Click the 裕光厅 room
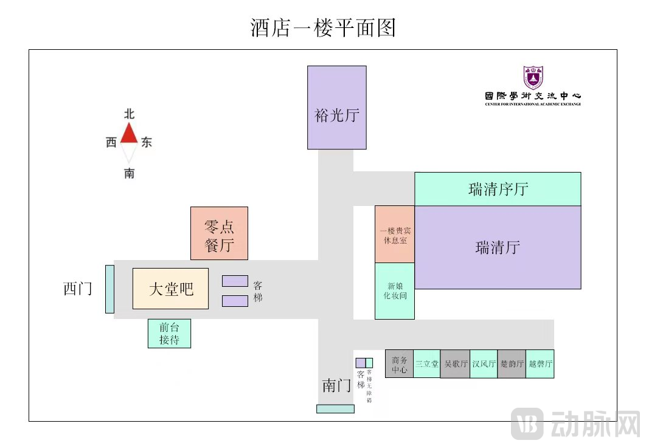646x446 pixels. coord(336,107)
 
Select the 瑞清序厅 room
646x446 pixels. coord(498,189)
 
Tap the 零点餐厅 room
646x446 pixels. coord(219,233)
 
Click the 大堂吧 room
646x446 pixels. coord(170,289)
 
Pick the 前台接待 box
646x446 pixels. coord(169,334)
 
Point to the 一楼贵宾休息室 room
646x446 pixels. coord(395,235)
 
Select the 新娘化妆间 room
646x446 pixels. coord(395,291)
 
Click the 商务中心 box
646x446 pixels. coord(400,364)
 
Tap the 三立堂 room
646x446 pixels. coord(427,364)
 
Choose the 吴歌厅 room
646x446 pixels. coord(455,364)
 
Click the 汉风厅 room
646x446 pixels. coord(484,364)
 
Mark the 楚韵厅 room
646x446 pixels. coord(512,364)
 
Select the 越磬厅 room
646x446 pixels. coord(540,364)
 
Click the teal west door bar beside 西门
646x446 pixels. coord(109,289)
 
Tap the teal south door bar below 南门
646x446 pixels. coord(335,409)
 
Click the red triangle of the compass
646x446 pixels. coord(129,134)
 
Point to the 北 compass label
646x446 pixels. coord(129,114)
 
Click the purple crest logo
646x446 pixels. coord(533,77)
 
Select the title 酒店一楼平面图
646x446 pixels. coord(323,27)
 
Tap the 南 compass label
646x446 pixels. coord(129,174)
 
